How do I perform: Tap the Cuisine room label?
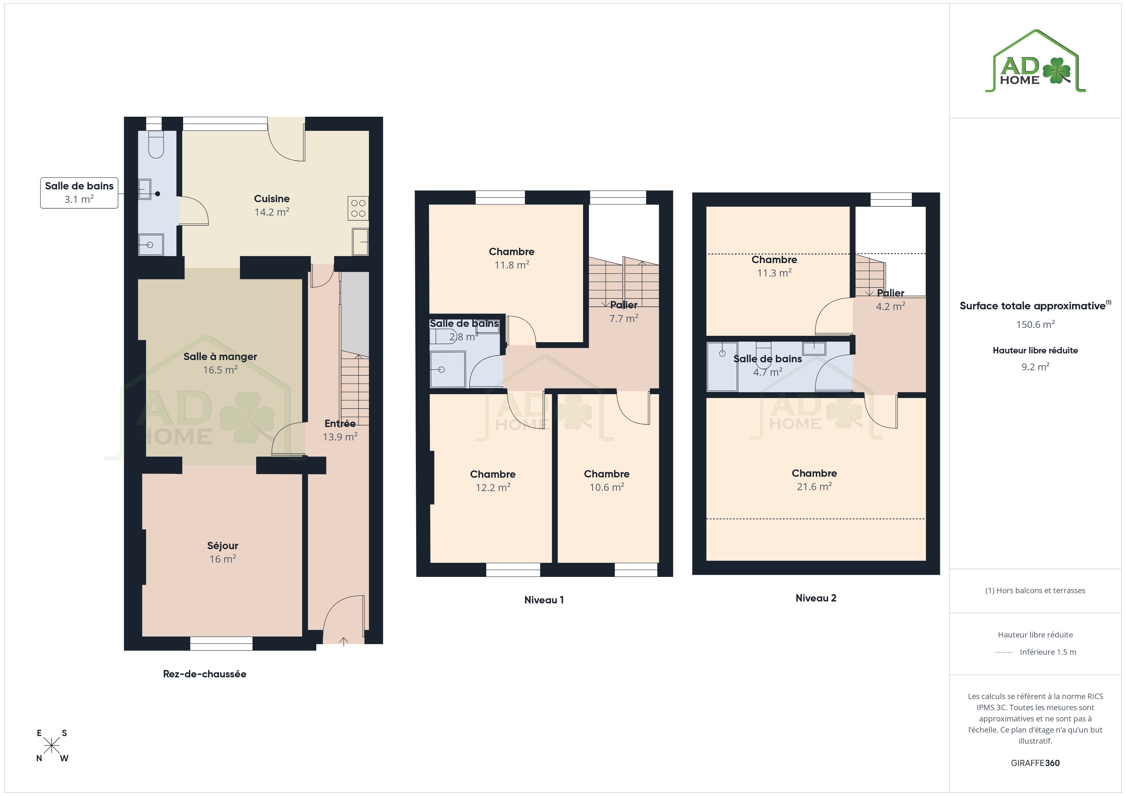tap(272, 198)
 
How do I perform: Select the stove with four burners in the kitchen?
tap(358, 208)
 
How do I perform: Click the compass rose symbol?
tap(51, 746)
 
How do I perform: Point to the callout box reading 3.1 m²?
tap(79, 193)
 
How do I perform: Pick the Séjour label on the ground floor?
tap(223, 546)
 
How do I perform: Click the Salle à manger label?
tap(220, 356)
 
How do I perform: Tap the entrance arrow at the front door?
tap(344, 641)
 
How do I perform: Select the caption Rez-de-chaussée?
tap(205, 674)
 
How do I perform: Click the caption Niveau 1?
tap(544, 600)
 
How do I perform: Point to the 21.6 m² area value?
tap(814, 487)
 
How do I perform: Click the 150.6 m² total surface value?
tap(1035, 324)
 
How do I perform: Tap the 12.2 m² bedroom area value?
tap(493, 488)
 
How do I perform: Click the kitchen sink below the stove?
tap(360, 242)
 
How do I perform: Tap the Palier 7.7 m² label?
tap(624, 312)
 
